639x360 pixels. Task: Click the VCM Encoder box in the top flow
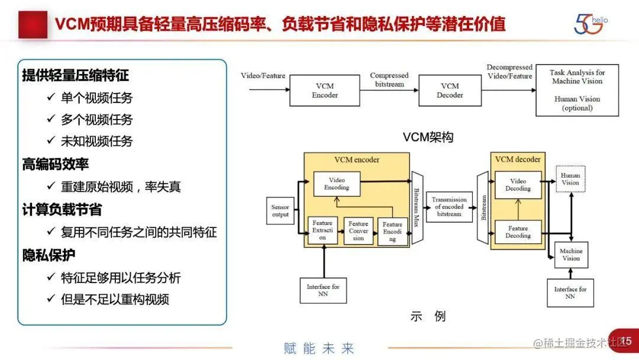[324, 90]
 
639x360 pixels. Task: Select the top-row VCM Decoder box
[450, 90]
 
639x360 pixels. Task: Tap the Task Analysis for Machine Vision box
[577, 90]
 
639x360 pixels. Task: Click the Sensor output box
[280, 211]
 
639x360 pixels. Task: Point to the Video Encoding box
[337, 184]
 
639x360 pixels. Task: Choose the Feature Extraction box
[322, 231]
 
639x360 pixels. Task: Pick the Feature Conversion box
[359, 231]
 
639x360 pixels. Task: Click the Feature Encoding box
[392, 232]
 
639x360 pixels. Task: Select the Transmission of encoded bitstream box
[449, 207]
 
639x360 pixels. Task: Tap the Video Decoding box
[518, 185]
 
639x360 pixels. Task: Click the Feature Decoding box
[518, 232]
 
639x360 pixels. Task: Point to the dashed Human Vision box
[571, 179]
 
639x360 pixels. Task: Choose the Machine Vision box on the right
[571, 255]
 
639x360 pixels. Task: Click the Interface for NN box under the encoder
[323, 291]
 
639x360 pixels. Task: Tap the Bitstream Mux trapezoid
[418, 208]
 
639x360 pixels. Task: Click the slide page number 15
[626, 341]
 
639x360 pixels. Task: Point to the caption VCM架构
[428, 137]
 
